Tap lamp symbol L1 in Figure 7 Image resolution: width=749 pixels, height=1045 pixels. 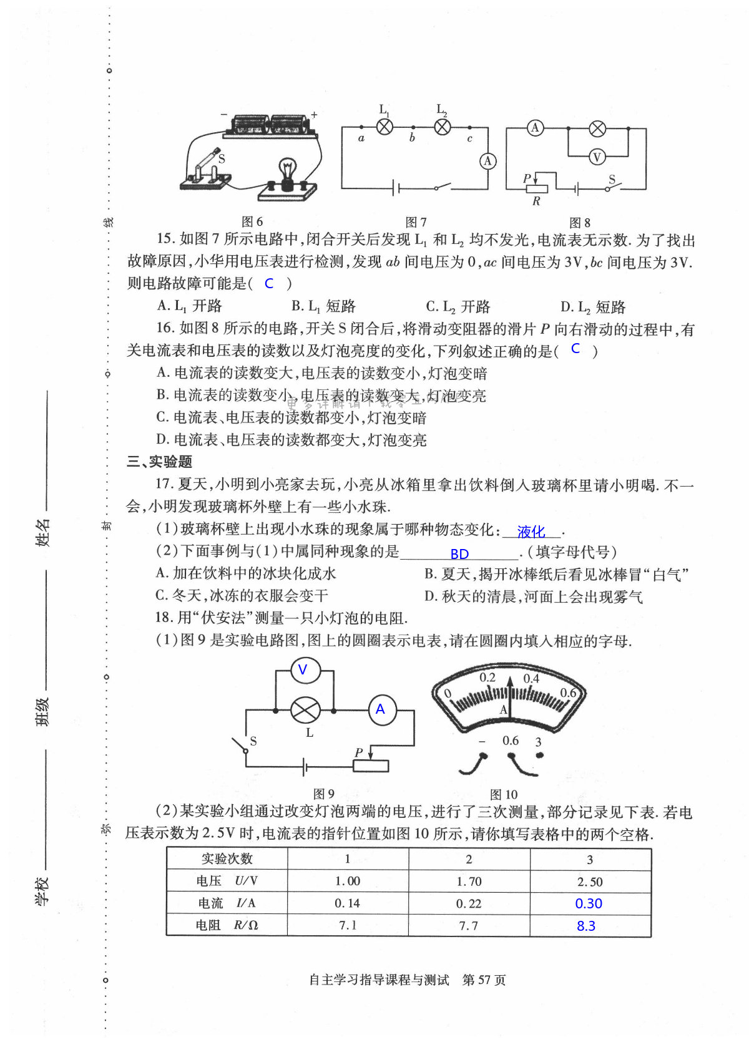[x=385, y=127]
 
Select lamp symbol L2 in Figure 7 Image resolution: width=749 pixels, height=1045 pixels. [x=443, y=127]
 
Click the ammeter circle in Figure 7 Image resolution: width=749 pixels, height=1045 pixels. [x=488, y=161]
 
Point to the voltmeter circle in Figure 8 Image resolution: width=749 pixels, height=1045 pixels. [x=597, y=157]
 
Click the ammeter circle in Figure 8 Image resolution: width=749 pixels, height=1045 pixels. [x=535, y=128]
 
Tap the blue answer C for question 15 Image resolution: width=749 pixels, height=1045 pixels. [x=269, y=283]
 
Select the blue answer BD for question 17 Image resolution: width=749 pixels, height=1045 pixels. [x=459, y=554]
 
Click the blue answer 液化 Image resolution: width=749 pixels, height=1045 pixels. [x=531, y=532]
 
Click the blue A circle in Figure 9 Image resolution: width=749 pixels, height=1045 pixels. [x=381, y=710]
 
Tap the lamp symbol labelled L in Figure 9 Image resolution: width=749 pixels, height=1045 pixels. [x=305, y=710]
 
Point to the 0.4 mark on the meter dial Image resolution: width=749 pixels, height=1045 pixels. [x=531, y=678]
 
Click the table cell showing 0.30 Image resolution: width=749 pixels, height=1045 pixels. [x=589, y=903]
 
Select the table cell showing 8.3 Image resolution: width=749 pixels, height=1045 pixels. [x=586, y=926]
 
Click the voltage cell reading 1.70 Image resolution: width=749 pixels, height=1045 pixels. [x=469, y=882]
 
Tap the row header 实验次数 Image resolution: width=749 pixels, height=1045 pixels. [x=227, y=859]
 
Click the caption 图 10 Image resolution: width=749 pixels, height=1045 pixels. [x=504, y=794]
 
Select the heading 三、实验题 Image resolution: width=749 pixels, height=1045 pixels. [x=159, y=462]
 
